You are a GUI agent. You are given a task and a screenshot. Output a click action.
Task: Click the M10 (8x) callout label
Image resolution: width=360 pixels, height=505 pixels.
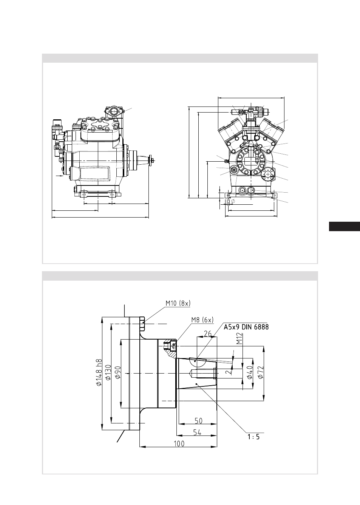pyautogui.click(x=178, y=303)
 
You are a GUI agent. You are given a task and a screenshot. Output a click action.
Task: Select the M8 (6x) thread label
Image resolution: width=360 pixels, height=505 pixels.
pyautogui.click(x=202, y=320)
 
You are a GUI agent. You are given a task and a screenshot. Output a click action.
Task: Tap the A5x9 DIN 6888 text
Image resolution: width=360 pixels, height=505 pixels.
pyautogui.click(x=246, y=327)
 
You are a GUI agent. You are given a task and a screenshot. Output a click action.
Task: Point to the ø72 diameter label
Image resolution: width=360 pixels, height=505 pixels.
pyautogui.click(x=260, y=372)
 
